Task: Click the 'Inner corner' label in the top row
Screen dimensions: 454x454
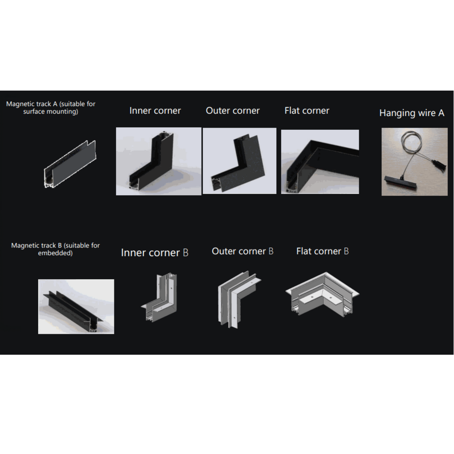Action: tap(155, 111)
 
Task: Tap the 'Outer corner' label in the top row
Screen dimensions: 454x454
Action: tap(232, 111)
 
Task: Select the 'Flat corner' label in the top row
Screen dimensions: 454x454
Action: tap(307, 111)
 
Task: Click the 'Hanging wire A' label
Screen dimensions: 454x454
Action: tap(412, 113)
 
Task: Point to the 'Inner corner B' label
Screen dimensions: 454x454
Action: tap(155, 253)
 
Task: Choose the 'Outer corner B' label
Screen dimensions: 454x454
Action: tap(243, 251)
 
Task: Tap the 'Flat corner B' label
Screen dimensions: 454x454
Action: tap(322, 251)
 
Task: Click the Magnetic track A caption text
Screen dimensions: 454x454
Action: tap(51, 108)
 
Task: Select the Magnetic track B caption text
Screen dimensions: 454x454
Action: tap(55, 249)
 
